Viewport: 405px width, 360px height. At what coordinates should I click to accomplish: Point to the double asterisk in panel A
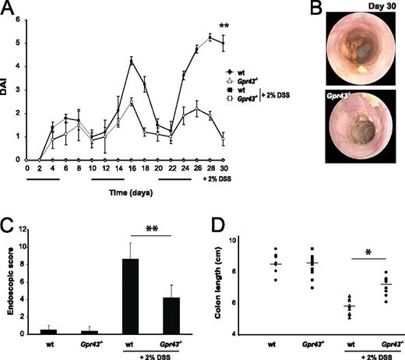pos(224,26)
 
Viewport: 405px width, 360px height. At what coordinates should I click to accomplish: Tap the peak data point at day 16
pos(132,60)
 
